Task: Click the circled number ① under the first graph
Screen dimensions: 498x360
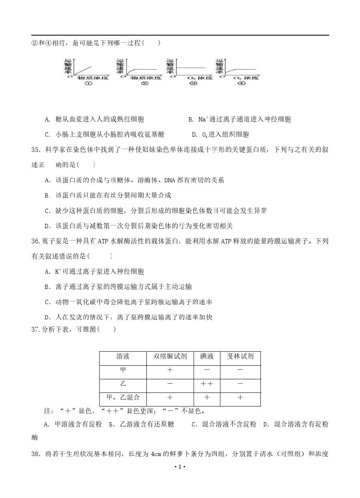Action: (x=88, y=83)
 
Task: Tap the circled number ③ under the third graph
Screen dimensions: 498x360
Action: (x=193, y=83)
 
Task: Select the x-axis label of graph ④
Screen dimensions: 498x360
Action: (x=243, y=77)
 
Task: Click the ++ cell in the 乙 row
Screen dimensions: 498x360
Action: (x=207, y=384)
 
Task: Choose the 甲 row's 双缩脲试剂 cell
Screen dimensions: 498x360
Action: (x=170, y=370)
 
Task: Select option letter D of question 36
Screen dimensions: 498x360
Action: (x=47, y=317)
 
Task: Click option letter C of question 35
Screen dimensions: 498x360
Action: (x=47, y=211)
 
